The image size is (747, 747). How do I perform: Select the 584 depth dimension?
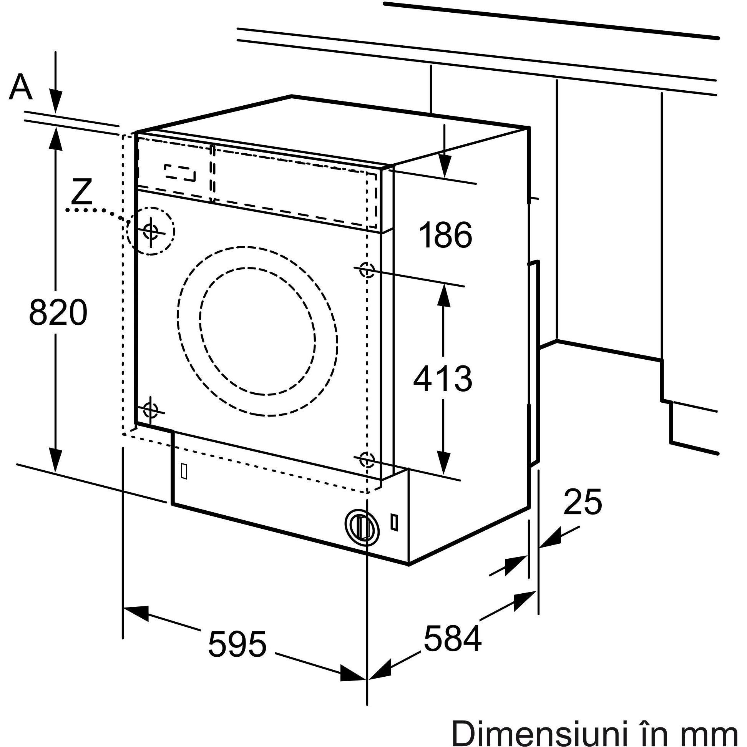click(x=452, y=638)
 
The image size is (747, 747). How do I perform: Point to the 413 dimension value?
click(x=443, y=378)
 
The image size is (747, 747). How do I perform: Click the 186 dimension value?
click(x=445, y=235)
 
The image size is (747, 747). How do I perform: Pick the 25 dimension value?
click(x=583, y=502)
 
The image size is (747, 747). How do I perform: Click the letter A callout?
click(x=20, y=86)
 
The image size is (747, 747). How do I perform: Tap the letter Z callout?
click(x=82, y=192)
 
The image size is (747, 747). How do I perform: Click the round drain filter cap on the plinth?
click(x=362, y=526)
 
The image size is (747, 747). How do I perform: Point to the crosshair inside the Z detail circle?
click(x=150, y=231)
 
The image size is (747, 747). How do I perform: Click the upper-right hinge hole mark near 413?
click(x=367, y=269)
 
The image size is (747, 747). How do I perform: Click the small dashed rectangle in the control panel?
click(x=180, y=173)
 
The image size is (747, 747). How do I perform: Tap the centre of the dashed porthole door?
click(x=257, y=331)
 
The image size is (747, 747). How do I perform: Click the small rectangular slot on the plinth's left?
click(x=184, y=471)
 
